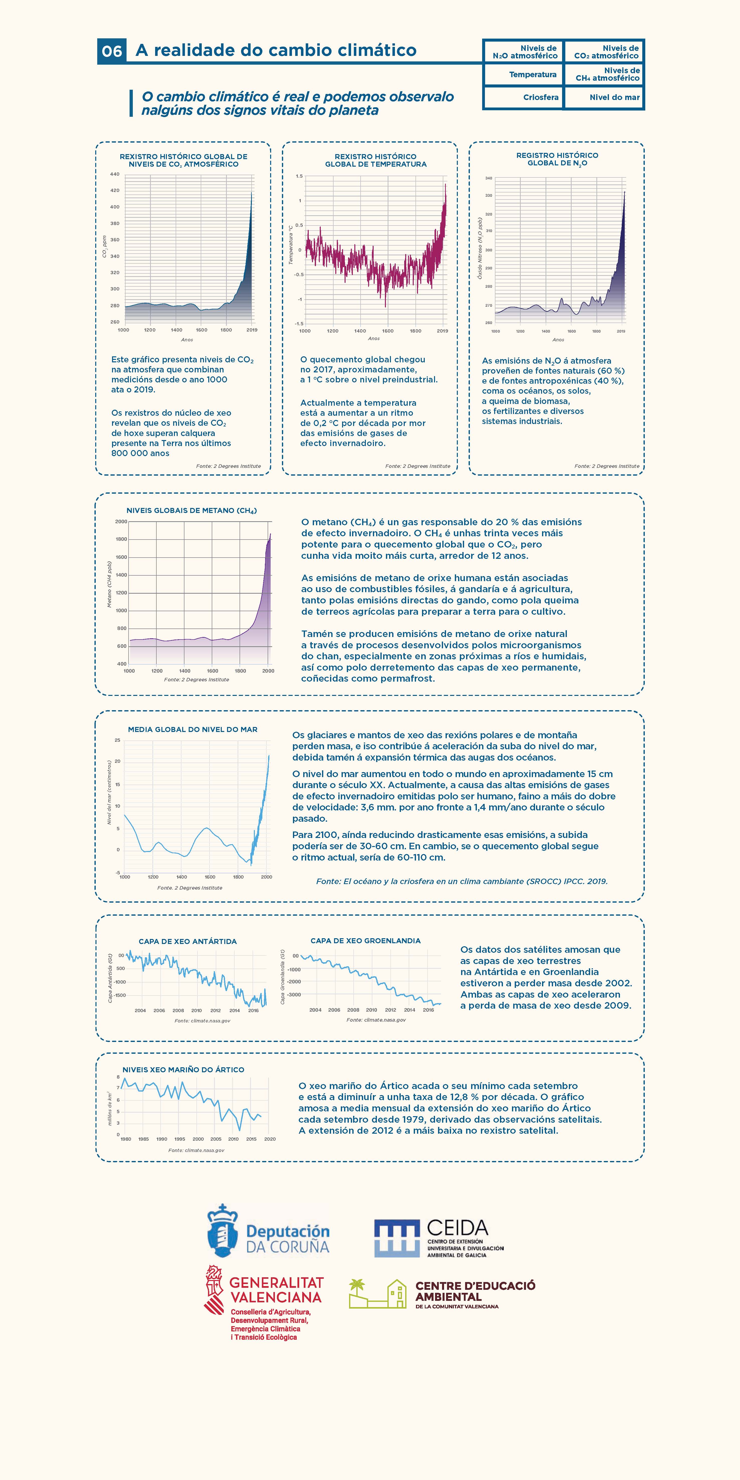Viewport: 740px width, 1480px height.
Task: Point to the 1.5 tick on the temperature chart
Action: pyautogui.click(x=299, y=176)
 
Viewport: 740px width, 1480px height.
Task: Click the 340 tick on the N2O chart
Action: pyautogui.click(x=488, y=178)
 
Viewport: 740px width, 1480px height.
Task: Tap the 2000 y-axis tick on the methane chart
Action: pyautogui.click(x=121, y=522)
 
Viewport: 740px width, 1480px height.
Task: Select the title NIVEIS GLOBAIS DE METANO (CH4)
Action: pyautogui.click(x=191, y=510)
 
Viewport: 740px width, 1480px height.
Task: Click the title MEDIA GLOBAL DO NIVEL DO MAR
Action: pyautogui.click(x=192, y=729)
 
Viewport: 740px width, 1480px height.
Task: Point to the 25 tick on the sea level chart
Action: pyautogui.click(x=117, y=740)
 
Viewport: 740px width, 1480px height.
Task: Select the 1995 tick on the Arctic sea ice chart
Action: pyautogui.click(x=180, y=1139)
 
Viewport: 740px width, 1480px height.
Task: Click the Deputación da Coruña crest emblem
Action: pyautogui.click(x=222, y=1231)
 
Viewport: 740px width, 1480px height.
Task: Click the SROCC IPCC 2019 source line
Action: pyautogui.click(x=461, y=881)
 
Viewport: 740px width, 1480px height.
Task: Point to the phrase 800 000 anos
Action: pyautogui.click(x=140, y=453)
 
